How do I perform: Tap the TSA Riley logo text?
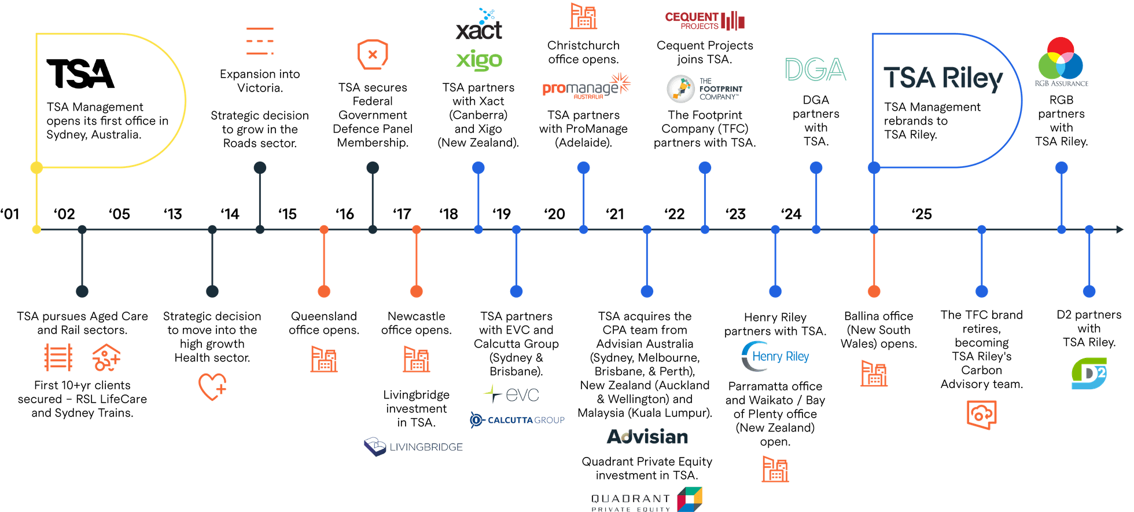pos(942,79)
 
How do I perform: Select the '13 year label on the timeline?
pos(173,214)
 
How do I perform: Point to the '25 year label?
pos(922,214)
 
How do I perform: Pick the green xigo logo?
pos(479,60)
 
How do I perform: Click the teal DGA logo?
pos(815,70)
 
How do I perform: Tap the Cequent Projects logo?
pos(705,20)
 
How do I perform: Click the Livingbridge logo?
pos(414,447)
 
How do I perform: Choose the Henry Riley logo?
pos(775,356)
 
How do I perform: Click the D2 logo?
pos(1088,374)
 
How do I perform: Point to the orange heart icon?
pos(212,386)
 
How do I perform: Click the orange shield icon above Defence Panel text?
pos(373,54)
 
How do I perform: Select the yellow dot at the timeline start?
pos(36,230)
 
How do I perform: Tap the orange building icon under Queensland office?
pos(323,359)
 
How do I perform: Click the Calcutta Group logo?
pos(516,419)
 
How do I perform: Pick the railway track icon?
pos(58,357)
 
